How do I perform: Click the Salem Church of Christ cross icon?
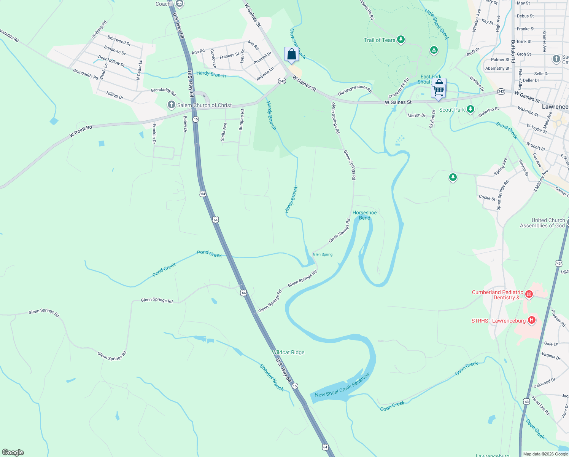tap(172, 105)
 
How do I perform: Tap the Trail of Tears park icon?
tap(401, 40)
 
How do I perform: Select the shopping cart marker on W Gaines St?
tap(439, 90)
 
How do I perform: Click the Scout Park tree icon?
tap(470, 109)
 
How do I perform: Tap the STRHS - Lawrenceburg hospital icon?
tap(532, 320)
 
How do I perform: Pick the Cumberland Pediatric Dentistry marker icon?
tap(529, 294)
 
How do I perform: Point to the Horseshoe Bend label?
tap(364, 215)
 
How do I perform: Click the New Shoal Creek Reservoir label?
tap(342, 385)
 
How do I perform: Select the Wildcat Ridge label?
tap(288, 352)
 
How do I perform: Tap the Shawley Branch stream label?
tap(272, 377)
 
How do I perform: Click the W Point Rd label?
tap(81, 131)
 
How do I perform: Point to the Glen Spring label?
tap(323, 254)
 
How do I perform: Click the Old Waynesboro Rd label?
tap(355, 91)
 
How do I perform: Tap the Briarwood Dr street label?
tap(119, 40)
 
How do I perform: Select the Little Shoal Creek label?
tap(437, 24)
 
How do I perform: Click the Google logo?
tap(13, 452)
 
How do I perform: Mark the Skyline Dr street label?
tap(432, 119)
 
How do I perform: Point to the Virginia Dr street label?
tap(551, 356)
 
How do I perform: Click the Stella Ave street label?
tap(224, 132)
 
